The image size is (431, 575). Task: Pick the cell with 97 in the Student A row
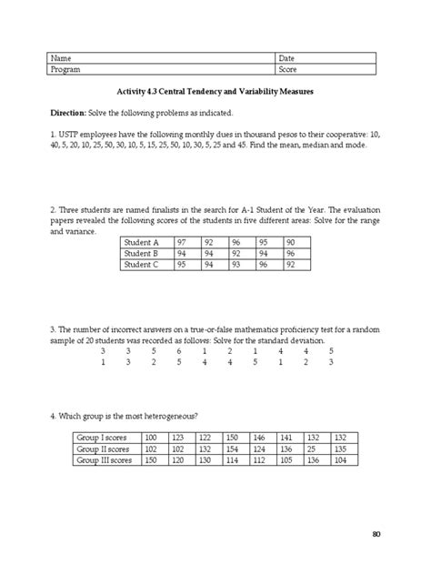click(183, 243)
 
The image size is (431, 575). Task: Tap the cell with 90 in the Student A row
click(290, 243)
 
